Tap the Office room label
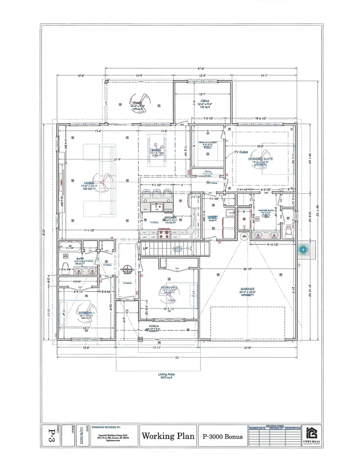point(204,101)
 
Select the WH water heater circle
point(244,237)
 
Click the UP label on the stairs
point(146,248)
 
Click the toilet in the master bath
point(289,229)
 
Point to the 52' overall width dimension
point(176,357)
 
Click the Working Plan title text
point(168,436)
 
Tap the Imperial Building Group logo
point(312,434)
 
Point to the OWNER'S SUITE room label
point(260,160)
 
